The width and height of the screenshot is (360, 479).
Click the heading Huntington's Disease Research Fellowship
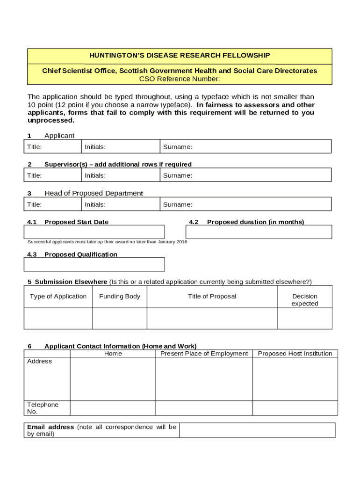[180, 56]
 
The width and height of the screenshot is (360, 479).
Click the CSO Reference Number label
[180, 79]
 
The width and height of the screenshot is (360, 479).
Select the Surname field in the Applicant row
[245, 147]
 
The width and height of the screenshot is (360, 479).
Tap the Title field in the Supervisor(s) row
[52, 175]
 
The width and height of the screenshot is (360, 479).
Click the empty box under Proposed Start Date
[94, 232]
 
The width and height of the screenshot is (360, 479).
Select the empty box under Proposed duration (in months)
[259, 232]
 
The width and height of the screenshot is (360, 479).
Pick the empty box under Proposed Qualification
[94, 264]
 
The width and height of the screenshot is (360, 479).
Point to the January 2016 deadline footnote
[107, 242]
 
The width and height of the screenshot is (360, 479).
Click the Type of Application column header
[58, 296]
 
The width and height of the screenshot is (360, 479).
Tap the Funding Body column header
[120, 296]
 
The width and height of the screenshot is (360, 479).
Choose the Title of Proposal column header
[212, 296]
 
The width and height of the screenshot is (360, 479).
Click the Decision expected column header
[305, 300]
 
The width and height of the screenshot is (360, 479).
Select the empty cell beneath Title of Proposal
[212, 318]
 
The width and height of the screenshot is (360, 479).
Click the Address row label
[40, 361]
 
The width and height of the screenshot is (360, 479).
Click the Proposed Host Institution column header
[295, 354]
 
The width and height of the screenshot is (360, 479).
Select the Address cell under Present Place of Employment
[204, 379]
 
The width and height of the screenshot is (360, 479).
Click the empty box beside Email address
[257, 430]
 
